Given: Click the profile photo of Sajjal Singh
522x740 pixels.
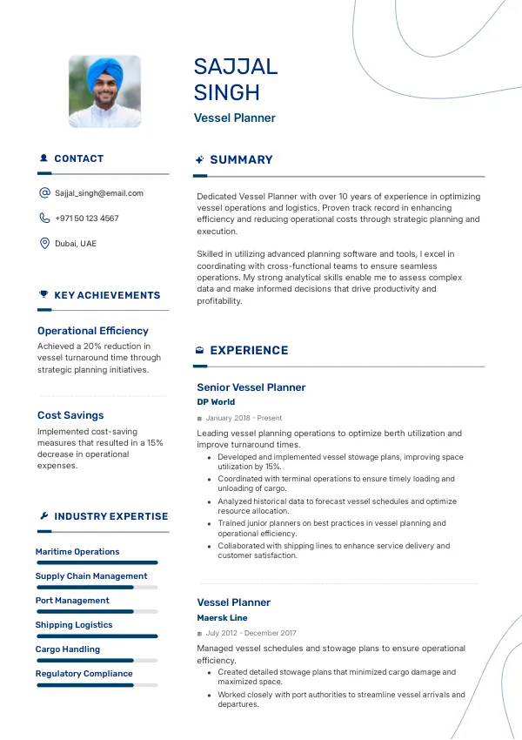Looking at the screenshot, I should point(104,92).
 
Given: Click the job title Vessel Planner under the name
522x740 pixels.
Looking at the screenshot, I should point(234,118).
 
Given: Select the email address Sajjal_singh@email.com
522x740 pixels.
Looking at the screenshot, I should point(99,193).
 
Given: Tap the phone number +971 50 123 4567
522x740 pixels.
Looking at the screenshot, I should point(87,219).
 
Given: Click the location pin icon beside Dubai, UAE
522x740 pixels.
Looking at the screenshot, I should point(44,243).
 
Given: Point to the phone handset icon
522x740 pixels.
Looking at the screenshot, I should point(44,219).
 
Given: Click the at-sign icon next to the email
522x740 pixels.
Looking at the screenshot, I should point(44,193).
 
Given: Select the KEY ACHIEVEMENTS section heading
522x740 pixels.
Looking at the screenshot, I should point(107,295).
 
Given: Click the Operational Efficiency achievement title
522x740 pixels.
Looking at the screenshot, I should point(93,331).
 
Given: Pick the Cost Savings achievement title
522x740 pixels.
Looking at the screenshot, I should point(70,415).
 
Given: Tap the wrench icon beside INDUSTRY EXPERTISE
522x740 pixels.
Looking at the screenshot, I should point(43,516).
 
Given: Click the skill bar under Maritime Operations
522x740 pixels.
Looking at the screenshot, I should point(97,562).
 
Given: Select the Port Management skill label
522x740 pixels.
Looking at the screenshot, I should point(72,601).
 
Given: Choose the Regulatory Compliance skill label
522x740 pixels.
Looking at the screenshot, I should point(84,674).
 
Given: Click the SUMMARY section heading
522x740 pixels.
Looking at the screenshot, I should point(241,160).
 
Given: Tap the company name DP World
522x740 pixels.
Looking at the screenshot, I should point(216,402).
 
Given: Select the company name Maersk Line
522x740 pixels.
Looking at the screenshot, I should point(222,618).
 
